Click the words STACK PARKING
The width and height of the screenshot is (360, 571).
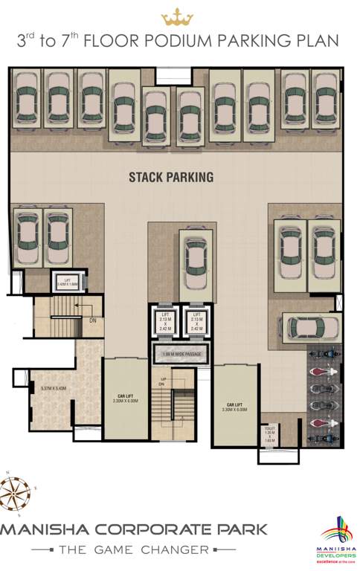tap(171, 177)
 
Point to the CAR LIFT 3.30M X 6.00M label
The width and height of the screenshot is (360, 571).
tap(234, 407)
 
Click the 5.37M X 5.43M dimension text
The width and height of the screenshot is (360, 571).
tap(53, 388)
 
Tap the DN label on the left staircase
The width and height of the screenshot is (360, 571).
tap(91, 321)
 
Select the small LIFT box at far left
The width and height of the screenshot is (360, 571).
tap(68, 282)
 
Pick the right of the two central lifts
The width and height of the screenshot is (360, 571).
tap(196, 321)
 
